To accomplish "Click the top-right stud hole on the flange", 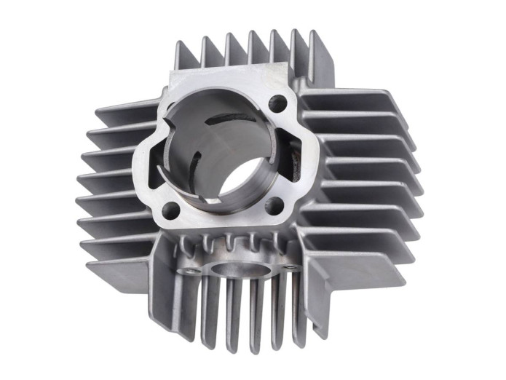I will [277, 103].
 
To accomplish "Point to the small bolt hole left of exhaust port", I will [192, 271].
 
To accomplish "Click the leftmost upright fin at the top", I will [183, 58].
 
